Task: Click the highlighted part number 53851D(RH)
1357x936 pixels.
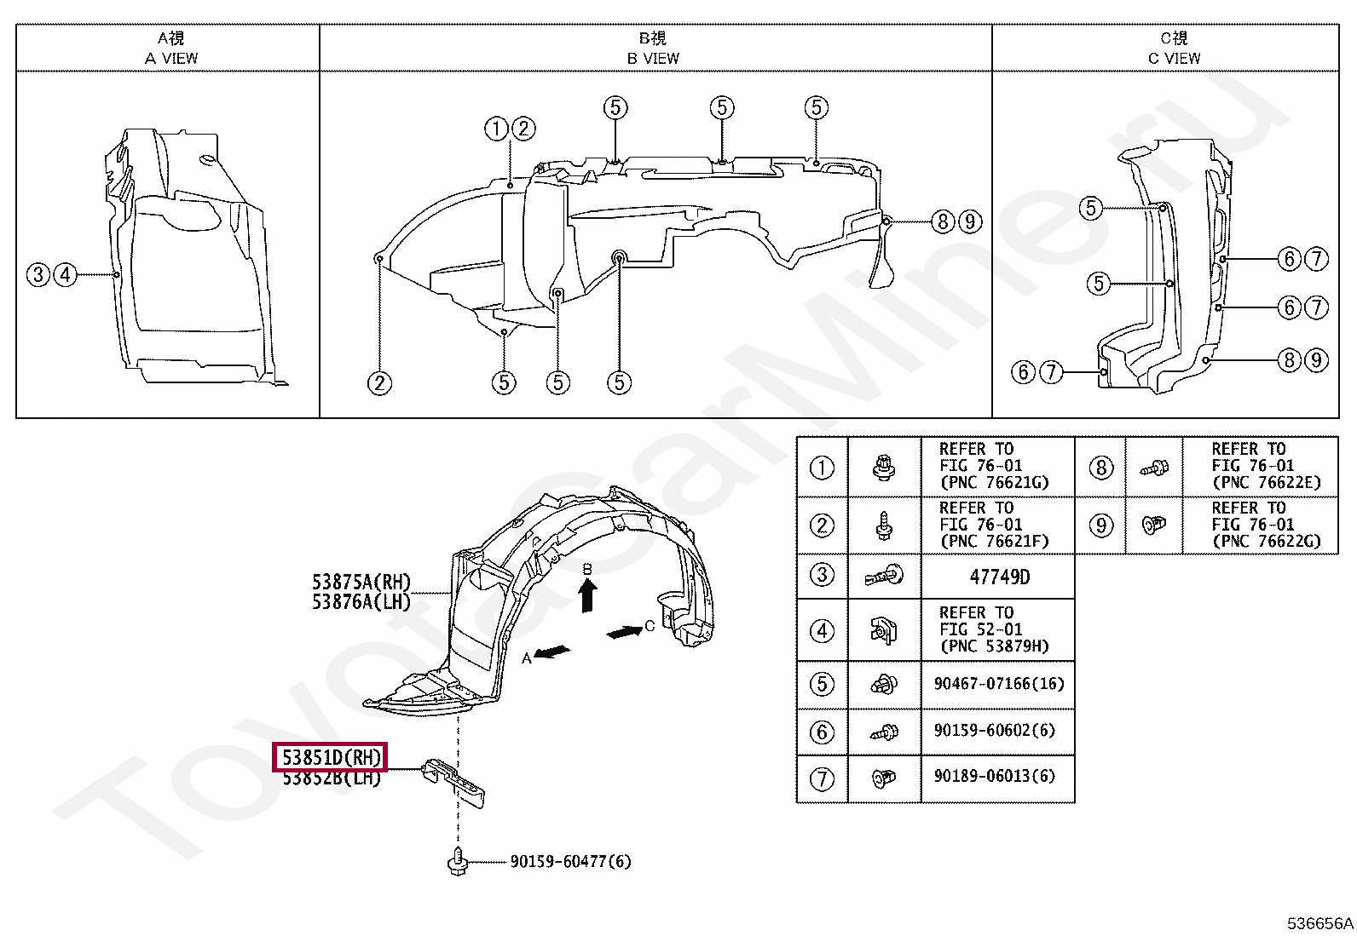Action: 331,757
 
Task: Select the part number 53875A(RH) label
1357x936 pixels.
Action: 361,583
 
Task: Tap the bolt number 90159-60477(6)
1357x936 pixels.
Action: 570,862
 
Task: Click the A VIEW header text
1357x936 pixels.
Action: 170,58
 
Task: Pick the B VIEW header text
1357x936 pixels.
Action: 653,58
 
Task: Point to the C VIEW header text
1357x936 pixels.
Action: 1174,58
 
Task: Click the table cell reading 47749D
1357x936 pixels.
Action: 999,577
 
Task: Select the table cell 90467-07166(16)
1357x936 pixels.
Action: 999,684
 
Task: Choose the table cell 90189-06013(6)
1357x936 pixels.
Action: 994,777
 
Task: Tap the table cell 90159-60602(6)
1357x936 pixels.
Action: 994,731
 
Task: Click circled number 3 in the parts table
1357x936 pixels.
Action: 822,575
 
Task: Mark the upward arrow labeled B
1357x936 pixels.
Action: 587,594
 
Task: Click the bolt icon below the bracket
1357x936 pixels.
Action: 458,862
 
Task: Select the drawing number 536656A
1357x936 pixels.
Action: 1319,923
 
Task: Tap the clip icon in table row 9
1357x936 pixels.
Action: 1153,525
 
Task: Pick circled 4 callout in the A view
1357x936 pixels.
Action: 66,274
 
